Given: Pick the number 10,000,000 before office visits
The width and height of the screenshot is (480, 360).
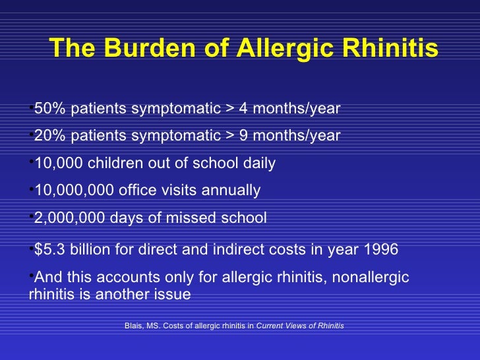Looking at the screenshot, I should pyautogui.click(x=73, y=191).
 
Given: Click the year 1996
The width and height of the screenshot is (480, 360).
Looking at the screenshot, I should pyautogui.click(x=378, y=249).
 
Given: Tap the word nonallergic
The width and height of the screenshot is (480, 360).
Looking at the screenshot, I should pyautogui.click(x=371, y=277).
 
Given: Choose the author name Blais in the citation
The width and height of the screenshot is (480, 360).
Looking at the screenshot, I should pyautogui.click(x=134, y=326).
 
